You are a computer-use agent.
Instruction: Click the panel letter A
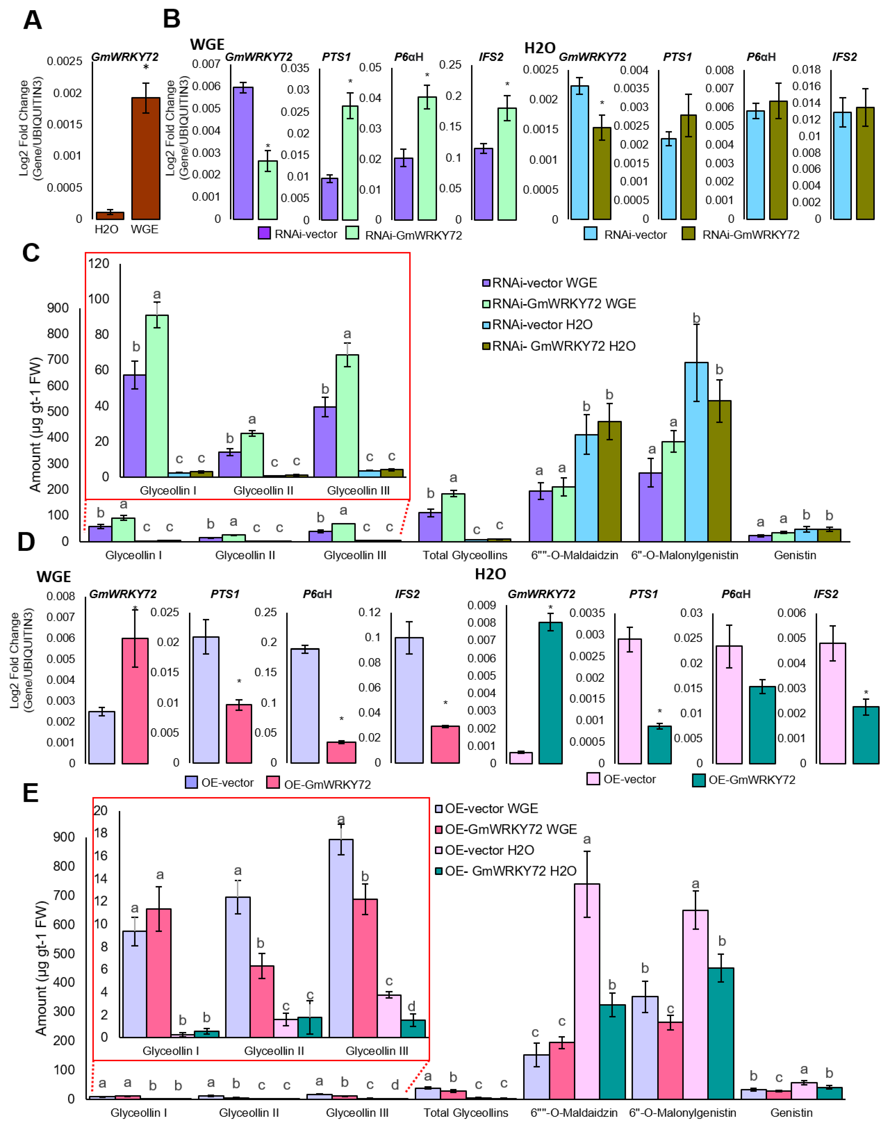(x=32, y=21)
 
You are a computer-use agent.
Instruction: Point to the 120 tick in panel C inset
(x=98, y=264)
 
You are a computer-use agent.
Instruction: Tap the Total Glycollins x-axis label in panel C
(x=465, y=555)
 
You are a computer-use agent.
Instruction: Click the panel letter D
(x=26, y=542)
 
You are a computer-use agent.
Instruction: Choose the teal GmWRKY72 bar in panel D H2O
(x=550, y=692)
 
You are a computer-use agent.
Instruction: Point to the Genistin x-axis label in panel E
(x=791, y=1113)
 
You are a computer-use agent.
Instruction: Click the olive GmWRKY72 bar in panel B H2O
(x=602, y=173)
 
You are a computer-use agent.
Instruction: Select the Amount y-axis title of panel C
(x=35, y=424)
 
